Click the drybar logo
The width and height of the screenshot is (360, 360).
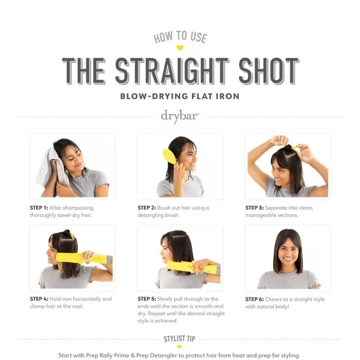[x=180, y=116]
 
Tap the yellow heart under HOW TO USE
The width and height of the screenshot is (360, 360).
[x=180, y=48]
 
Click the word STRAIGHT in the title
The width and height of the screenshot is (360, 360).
[x=172, y=71]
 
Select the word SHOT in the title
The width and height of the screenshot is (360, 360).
[x=269, y=71]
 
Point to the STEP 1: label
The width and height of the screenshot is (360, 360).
[x=39, y=208]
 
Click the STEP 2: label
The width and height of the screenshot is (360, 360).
[x=146, y=208]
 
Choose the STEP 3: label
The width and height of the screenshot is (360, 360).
[x=254, y=208]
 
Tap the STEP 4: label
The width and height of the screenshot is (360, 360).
[x=39, y=299]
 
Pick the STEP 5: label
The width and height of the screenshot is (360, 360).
[x=146, y=299]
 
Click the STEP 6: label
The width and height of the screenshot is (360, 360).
[x=254, y=299]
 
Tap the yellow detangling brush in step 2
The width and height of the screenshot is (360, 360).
[x=169, y=156]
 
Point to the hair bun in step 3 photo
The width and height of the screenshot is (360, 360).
[x=288, y=147]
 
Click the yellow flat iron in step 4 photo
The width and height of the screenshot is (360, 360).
[x=84, y=258]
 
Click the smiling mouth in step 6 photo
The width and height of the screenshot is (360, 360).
[x=288, y=259]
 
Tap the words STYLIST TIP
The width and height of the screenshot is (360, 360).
[x=179, y=339]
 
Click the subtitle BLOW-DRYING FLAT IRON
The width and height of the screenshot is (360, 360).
[x=180, y=96]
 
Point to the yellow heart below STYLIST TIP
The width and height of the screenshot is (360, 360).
[x=179, y=347]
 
